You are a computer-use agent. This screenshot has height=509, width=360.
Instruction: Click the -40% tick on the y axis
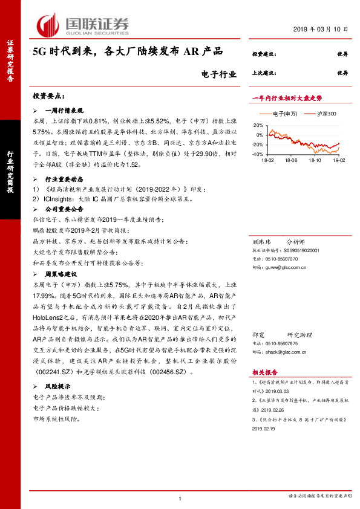point(257,154)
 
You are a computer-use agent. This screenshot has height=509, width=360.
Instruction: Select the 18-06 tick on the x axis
point(291,161)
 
